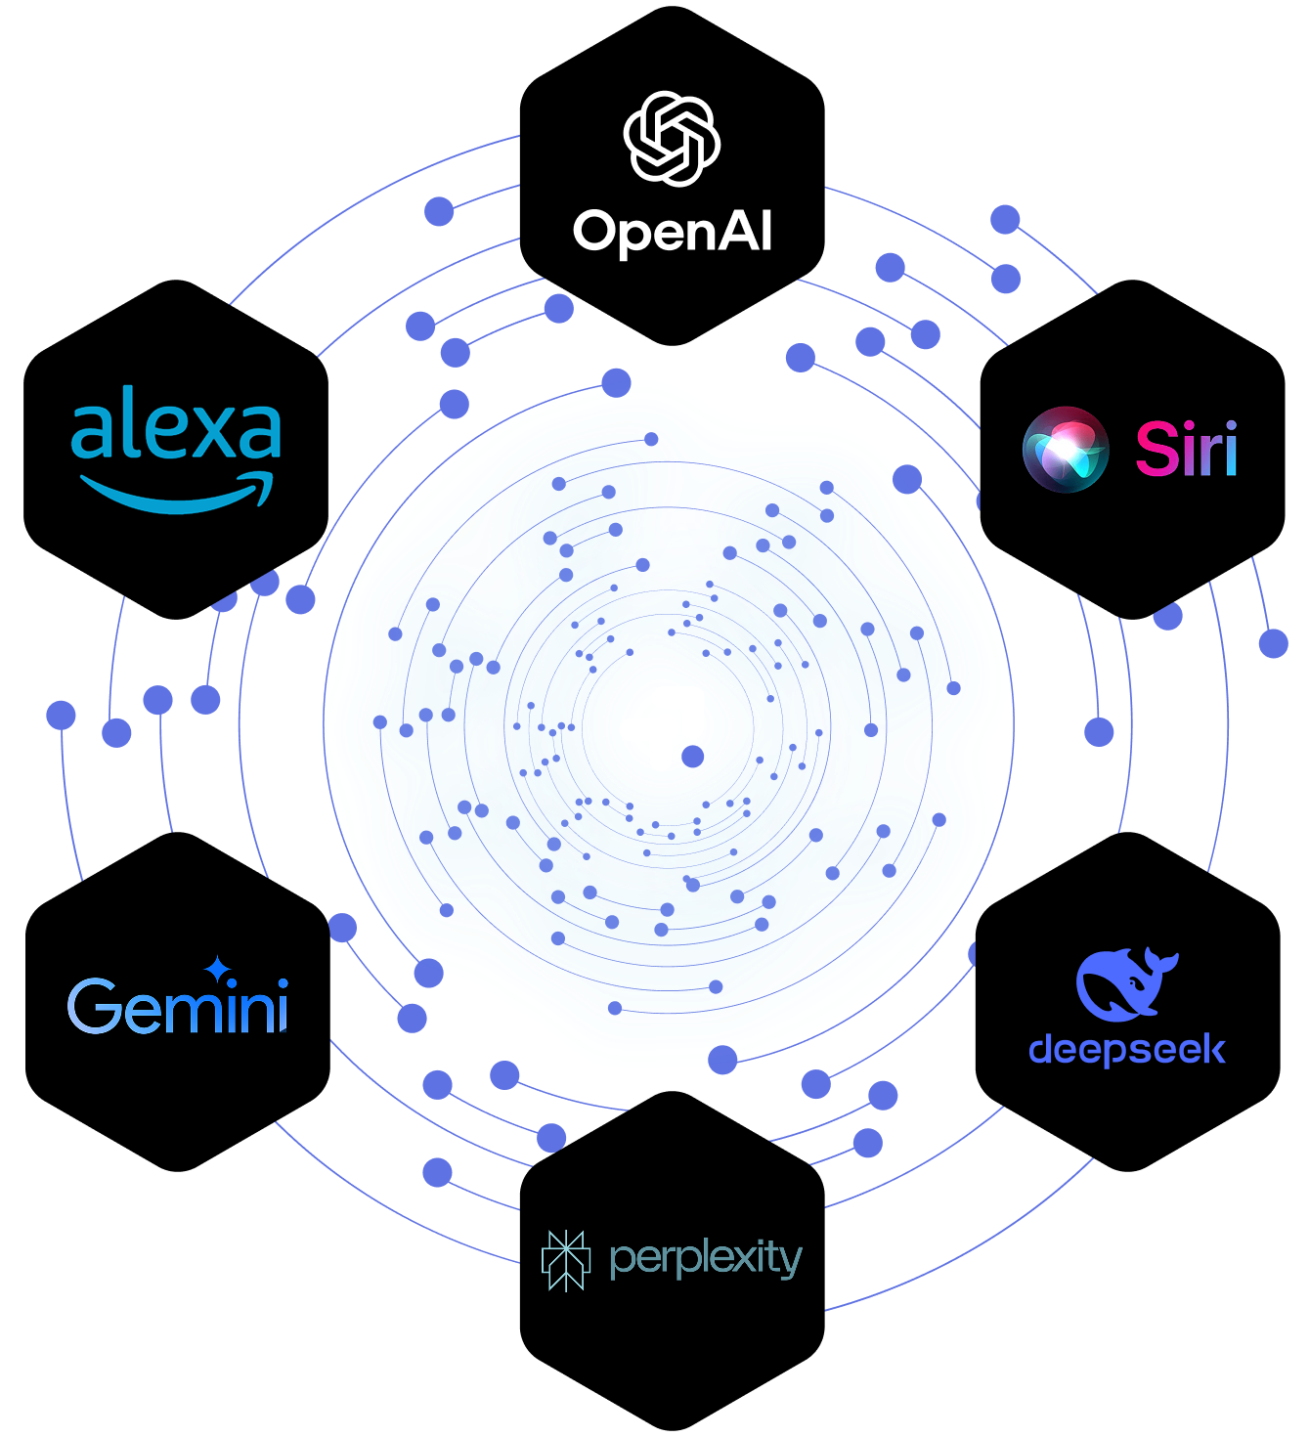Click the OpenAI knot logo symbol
(x=672, y=138)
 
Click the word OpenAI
(x=673, y=233)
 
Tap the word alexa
(x=176, y=426)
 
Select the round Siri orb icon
(x=1065, y=450)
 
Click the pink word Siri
(x=1186, y=450)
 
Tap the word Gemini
(x=178, y=1006)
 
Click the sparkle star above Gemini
(x=217, y=969)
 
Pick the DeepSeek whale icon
(x=1125, y=983)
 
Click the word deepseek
(x=1126, y=1050)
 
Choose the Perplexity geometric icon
(x=566, y=1260)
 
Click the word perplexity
(x=705, y=1259)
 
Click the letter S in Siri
(x=1155, y=450)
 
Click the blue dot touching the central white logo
(x=692, y=756)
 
